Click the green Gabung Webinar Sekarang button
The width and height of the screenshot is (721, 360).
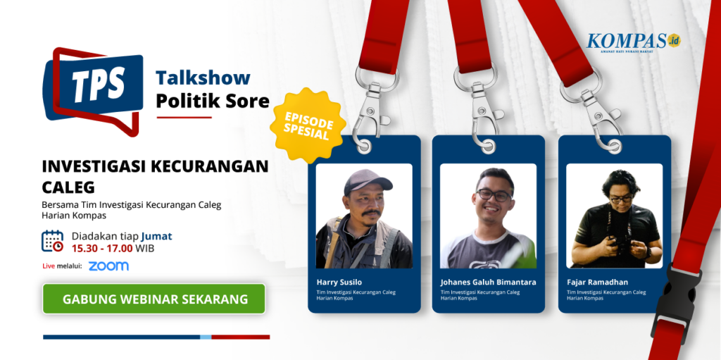154,299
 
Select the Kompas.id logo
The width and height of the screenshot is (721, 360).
633,42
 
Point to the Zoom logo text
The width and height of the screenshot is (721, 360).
108,266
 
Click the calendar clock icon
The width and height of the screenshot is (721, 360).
52,241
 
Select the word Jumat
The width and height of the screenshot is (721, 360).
157,237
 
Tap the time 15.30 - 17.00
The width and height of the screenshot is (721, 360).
102,249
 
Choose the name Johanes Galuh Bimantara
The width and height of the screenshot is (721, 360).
489,282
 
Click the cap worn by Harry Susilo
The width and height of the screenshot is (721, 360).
368,181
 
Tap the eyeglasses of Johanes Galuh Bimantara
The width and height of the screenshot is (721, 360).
494,194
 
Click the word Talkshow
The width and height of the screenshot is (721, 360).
203,78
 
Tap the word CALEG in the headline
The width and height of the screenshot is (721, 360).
68,187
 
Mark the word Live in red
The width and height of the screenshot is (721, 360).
49,266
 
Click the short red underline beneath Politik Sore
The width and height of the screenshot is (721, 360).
184,118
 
